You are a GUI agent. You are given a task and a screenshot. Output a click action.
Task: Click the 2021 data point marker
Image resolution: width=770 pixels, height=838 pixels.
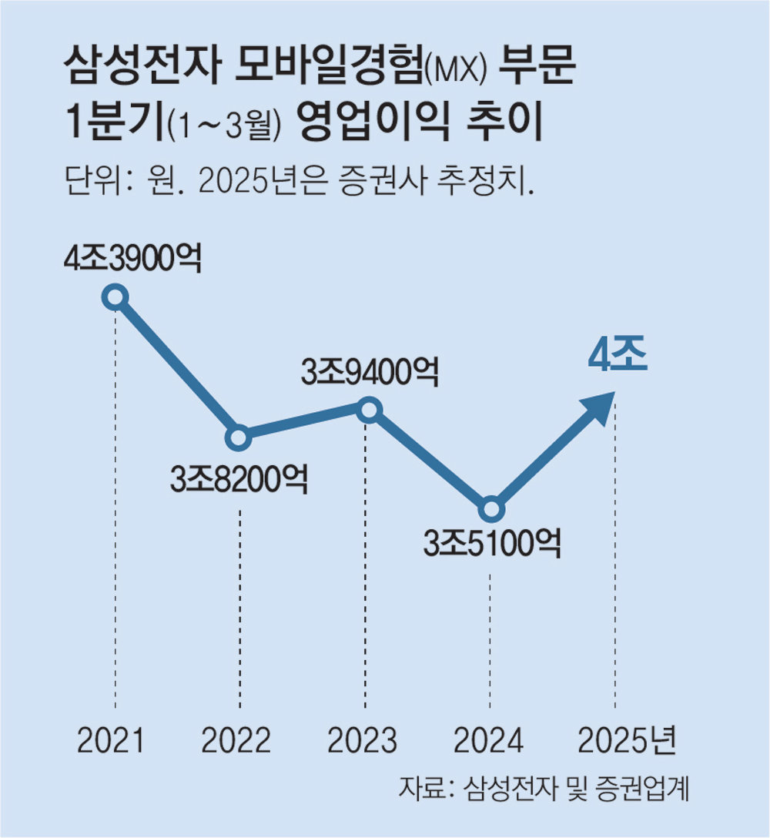tap(115, 297)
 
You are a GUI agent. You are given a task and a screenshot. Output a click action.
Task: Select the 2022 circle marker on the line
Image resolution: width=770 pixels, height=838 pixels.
tap(239, 438)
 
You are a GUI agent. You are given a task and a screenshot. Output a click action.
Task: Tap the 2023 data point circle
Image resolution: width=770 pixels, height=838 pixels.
tap(370, 410)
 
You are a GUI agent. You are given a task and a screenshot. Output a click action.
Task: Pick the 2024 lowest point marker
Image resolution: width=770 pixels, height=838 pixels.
tap(490, 509)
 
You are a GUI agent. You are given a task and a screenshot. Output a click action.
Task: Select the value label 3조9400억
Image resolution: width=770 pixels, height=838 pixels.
tap(370, 373)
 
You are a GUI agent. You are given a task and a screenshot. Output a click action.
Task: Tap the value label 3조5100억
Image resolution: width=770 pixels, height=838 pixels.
tap(491, 545)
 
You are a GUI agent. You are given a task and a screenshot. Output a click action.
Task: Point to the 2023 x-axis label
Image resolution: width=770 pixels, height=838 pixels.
tap(362, 741)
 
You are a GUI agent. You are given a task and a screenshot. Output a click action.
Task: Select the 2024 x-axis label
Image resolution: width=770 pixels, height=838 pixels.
tap(489, 741)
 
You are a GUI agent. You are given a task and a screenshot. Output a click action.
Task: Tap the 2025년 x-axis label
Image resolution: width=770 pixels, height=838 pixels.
tap(626, 741)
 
